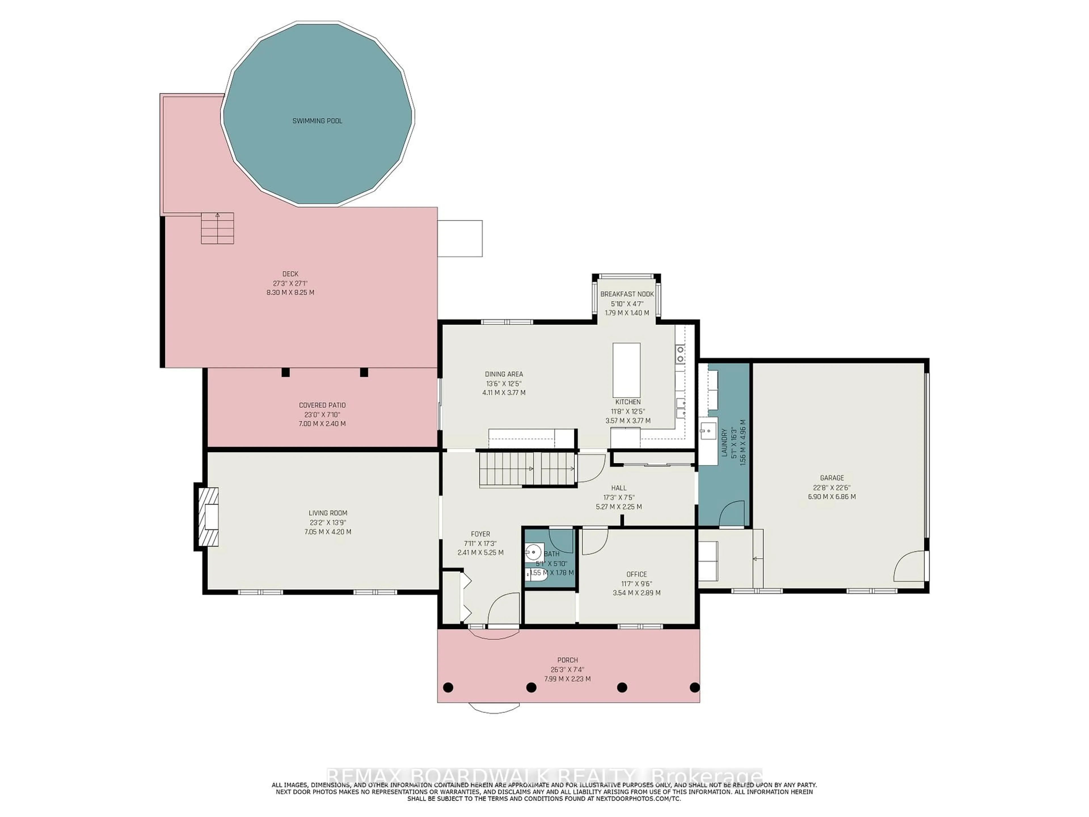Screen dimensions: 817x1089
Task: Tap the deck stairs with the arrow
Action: tap(217, 228)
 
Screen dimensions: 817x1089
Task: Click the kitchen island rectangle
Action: tap(626, 370)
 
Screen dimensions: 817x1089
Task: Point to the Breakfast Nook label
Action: tap(627, 294)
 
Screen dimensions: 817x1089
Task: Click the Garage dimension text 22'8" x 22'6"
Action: tap(831, 487)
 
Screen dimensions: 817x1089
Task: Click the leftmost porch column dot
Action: tap(448, 687)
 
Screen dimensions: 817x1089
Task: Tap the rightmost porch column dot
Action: tap(694, 687)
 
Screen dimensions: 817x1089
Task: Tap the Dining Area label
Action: tap(504, 374)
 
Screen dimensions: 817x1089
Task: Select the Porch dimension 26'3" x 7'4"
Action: tap(567, 669)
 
